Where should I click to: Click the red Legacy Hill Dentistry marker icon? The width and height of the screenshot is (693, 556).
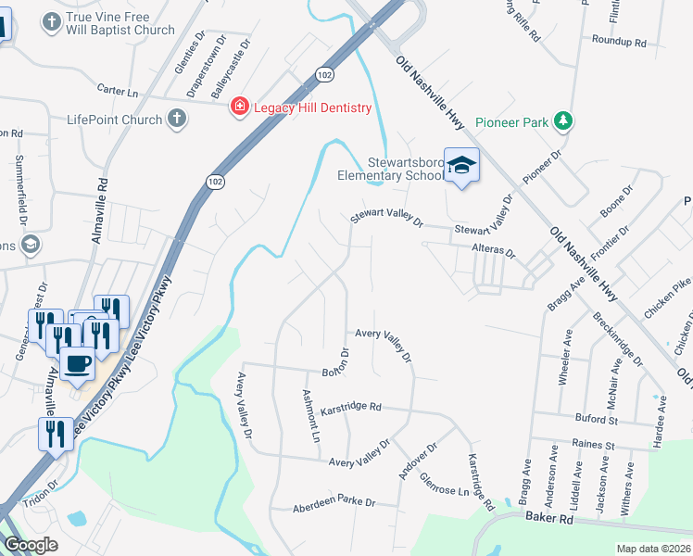pyautogui.click(x=240, y=107)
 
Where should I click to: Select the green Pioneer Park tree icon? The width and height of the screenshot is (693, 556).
pyautogui.click(x=561, y=121)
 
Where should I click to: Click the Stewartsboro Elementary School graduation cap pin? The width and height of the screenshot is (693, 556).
pyautogui.click(x=461, y=166)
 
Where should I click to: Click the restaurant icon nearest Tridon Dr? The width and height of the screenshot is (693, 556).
pyautogui.click(x=55, y=433)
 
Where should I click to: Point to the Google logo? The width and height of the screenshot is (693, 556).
pyautogui.click(x=31, y=544)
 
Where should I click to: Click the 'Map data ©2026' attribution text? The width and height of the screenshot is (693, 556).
pyautogui.click(x=653, y=549)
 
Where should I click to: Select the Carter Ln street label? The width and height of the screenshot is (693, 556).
pyautogui.click(x=117, y=91)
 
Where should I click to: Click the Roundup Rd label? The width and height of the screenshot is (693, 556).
pyautogui.click(x=620, y=42)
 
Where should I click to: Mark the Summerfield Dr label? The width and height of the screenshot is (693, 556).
pyautogui.click(x=19, y=195)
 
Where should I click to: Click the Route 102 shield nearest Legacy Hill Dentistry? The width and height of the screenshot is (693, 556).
pyautogui.click(x=323, y=73)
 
